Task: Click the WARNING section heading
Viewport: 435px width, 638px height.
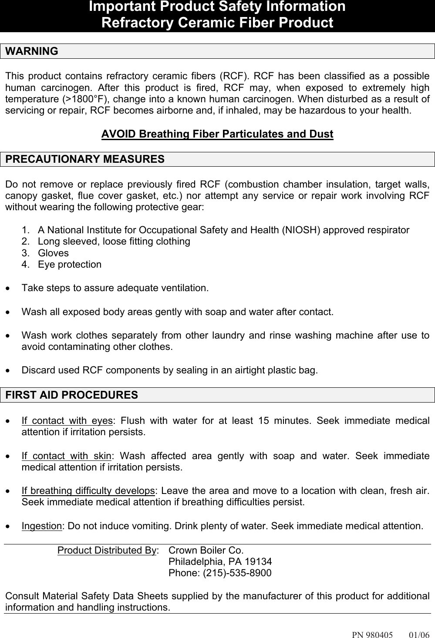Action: tap(32, 51)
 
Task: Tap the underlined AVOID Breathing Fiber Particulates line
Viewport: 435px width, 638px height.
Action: tap(217, 134)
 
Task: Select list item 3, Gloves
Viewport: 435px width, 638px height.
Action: tap(53, 253)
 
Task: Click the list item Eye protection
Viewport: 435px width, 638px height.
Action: tap(70, 265)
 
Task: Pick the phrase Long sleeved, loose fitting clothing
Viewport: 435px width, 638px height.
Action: tap(114, 242)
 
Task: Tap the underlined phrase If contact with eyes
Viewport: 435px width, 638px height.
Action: tap(67, 421)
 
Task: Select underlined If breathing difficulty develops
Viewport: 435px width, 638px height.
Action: tap(88, 491)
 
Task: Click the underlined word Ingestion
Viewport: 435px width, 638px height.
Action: tap(42, 526)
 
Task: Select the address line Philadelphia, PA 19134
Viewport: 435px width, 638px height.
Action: tap(220, 561)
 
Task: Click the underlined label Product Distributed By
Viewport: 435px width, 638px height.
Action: tap(107, 550)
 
